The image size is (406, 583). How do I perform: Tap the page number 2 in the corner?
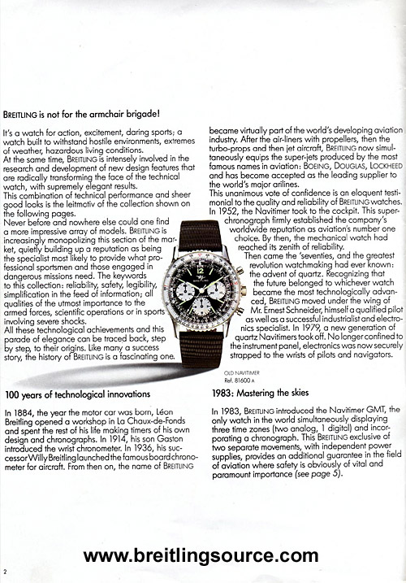pyautogui.click(x=5, y=570)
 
